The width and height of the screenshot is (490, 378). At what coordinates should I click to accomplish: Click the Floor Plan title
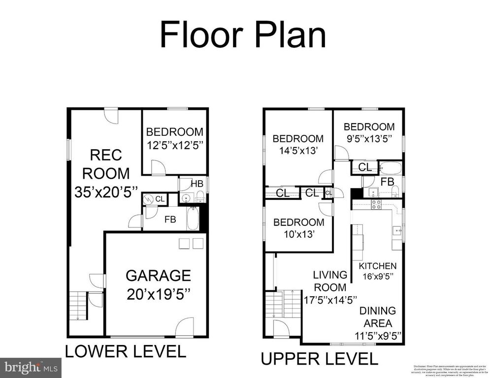[243, 35]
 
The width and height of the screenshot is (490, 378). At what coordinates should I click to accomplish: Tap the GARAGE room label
[158, 275]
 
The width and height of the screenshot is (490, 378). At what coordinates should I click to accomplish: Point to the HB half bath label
[197, 184]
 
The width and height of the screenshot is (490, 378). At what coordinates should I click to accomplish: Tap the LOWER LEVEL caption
[126, 351]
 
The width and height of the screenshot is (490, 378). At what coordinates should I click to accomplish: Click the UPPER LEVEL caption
[319, 359]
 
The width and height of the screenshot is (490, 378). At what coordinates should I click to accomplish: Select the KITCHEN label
[377, 266]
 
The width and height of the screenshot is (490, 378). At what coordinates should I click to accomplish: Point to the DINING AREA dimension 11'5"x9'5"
[377, 337]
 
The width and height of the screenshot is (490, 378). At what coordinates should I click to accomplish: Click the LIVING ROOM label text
[330, 281]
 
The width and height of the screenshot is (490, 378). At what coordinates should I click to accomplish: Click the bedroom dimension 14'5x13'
[298, 151]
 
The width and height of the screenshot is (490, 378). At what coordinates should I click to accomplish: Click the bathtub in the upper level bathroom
[392, 167]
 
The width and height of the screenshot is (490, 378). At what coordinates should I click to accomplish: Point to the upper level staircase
[283, 305]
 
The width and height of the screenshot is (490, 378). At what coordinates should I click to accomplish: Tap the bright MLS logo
[31, 367]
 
